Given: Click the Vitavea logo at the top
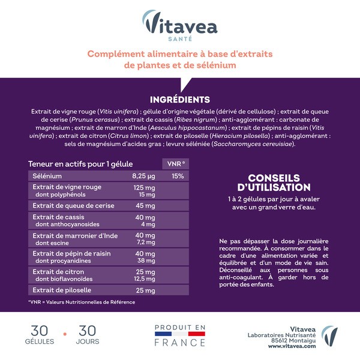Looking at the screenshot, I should click(x=180, y=25).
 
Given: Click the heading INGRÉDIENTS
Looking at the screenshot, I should click(x=180, y=100).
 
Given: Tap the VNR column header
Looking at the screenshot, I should click(x=174, y=164).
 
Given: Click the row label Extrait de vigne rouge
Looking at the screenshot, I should click(x=67, y=187).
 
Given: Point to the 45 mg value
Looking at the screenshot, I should click(x=145, y=206).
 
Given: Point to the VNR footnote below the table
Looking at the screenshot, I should click(x=82, y=302).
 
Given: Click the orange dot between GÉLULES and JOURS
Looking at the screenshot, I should click(x=65, y=332).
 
